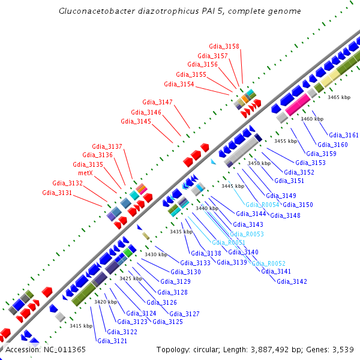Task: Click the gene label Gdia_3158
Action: [224, 46]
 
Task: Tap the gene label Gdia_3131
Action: [57, 193]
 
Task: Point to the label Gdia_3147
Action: [157, 102]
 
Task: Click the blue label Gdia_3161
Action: [344, 135]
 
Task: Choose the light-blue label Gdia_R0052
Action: [268, 263]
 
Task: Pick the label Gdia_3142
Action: [292, 281]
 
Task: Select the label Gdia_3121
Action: [112, 341]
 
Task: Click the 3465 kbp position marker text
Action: [338, 97]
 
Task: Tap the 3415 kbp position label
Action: [81, 326]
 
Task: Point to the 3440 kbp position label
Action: [207, 208]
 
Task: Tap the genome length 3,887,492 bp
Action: [277, 349]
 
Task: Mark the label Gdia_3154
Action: [179, 84]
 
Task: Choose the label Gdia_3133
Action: [195, 263]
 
